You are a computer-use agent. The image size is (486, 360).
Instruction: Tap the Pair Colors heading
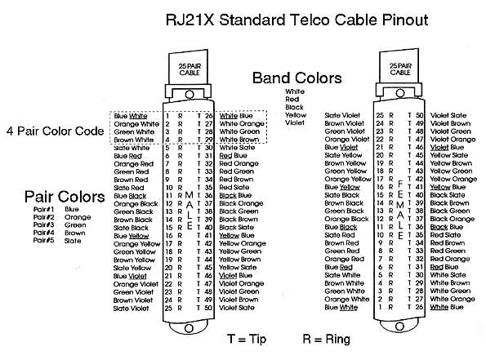coord(57,197)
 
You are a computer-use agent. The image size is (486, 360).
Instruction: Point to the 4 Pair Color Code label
coord(55,130)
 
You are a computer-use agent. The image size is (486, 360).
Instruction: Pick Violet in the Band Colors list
coord(294,124)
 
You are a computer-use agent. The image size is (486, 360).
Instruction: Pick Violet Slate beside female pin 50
coord(449,116)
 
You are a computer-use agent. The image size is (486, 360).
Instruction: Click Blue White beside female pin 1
coord(341,307)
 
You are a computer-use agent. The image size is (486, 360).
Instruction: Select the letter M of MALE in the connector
coord(189,196)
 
